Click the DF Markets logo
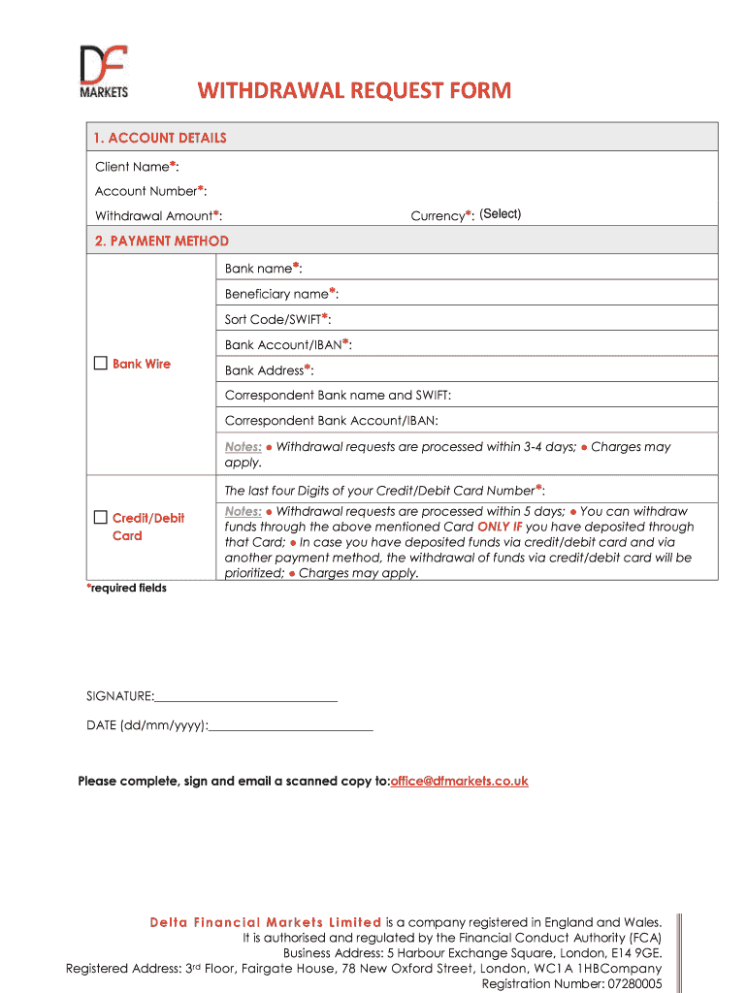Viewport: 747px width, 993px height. pyautogui.click(x=103, y=72)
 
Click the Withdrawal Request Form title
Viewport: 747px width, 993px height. pyautogui.click(x=354, y=91)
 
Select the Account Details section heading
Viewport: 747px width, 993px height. pyautogui.click(x=161, y=138)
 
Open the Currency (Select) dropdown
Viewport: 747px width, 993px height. pyautogui.click(x=500, y=214)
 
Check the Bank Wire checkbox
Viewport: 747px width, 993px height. pyautogui.click(x=101, y=364)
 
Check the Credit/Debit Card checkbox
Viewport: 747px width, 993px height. pyautogui.click(x=101, y=518)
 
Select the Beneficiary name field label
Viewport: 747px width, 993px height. pyautogui.click(x=281, y=293)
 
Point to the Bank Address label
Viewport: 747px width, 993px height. pyautogui.click(x=269, y=369)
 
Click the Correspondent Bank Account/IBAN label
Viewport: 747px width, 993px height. pyautogui.click(x=331, y=421)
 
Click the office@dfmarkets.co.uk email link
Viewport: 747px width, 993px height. pyautogui.click(x=459, y=781)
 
